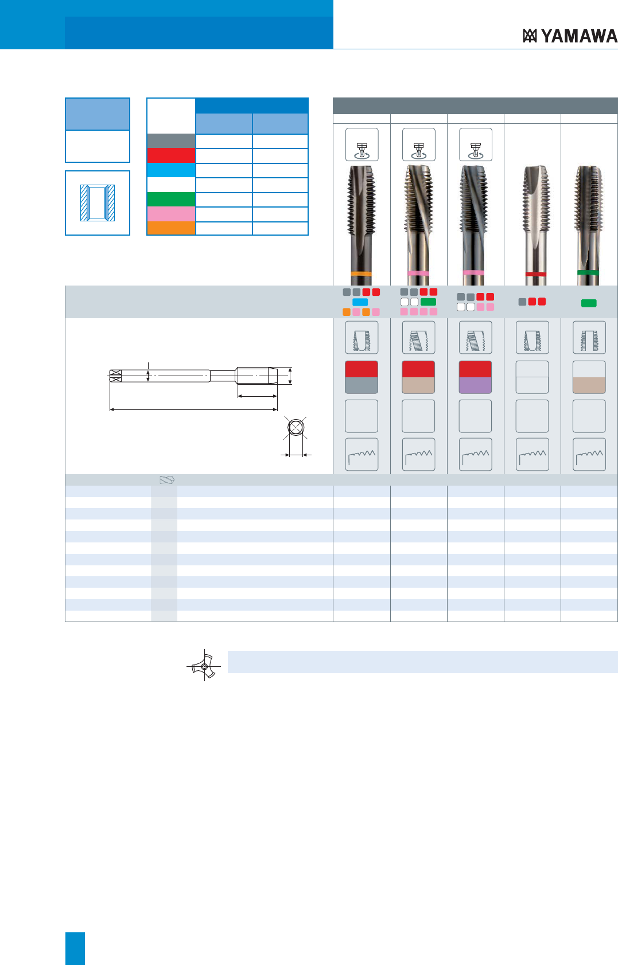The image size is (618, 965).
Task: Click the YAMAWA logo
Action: click(570, 36)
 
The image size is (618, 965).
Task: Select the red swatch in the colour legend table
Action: click(171, 155)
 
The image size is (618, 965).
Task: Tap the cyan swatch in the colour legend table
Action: click(171, 170)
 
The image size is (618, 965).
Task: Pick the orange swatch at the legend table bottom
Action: click(171, 228)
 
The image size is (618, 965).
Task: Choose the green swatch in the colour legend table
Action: click(171, 200)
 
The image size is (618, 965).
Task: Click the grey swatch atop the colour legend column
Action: click(171, 141)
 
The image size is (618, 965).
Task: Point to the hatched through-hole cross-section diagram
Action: click(98, 203)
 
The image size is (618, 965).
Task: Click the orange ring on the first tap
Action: click(362, 274)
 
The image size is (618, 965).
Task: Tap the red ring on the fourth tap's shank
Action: click(535, 274)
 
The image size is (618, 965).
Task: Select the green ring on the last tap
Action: click(588, 272)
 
